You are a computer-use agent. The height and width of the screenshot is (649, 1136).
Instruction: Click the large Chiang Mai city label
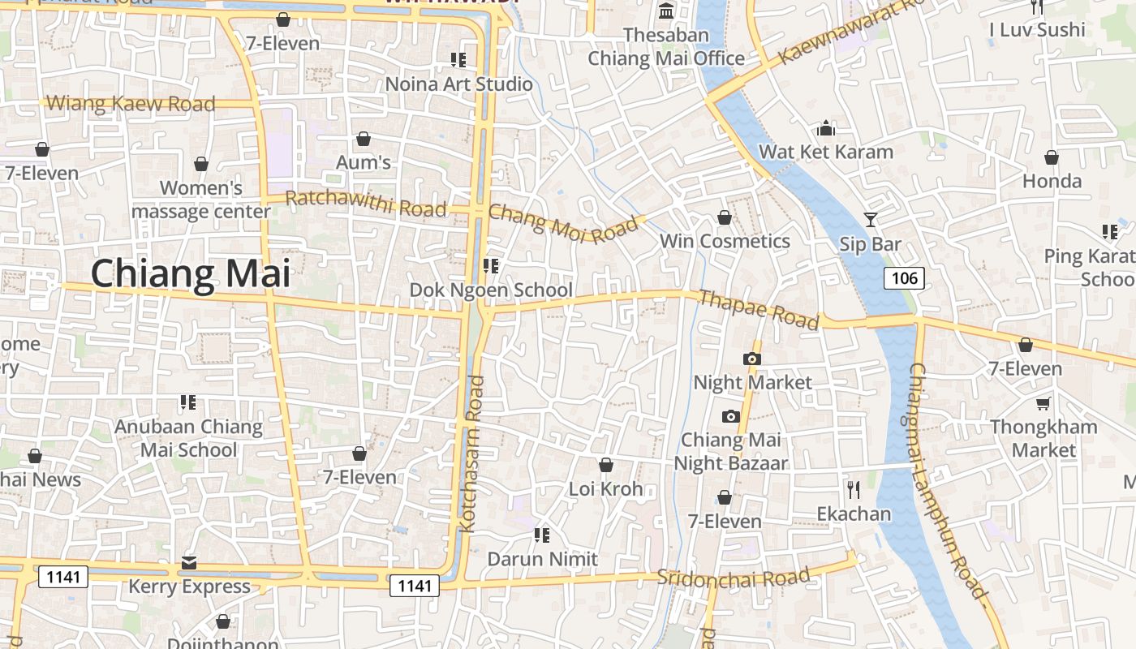coord(190,273)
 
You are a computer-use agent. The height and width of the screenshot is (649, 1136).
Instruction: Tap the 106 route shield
coord(904,278)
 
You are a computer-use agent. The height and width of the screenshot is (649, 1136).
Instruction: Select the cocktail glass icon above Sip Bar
coord(870,219)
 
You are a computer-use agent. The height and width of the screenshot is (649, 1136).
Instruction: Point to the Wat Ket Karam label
coord(825,152)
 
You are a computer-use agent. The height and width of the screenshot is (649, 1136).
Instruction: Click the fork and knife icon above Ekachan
coord(853,489)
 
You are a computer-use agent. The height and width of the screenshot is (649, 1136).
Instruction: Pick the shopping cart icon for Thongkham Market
coord(1043,403)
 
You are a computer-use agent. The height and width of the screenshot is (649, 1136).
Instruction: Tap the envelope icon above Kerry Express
coord(189,562)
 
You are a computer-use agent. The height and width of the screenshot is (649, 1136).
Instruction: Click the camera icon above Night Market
coord(751,359)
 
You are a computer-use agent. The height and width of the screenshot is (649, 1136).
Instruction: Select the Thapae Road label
coord(759,310)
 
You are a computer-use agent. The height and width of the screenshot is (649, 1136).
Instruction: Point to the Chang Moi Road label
coord(563,224)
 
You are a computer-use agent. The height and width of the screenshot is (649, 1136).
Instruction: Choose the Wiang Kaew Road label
coord(131,104)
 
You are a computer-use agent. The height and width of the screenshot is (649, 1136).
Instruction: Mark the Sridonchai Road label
coord(733,578)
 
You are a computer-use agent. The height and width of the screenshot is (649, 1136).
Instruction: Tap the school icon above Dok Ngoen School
coord(490,265)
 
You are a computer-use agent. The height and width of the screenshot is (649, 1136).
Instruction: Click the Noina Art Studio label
coord(458,84)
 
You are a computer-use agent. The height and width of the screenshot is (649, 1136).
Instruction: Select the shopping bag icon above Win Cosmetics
coord(725,217)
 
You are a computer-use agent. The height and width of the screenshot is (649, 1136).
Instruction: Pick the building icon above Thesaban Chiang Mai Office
coord(666,11)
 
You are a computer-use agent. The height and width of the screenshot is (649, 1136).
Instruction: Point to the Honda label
coord(1052,181)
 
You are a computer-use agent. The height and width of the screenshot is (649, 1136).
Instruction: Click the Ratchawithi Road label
coord(366,203)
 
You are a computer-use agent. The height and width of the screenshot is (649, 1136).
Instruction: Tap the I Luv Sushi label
coord(1037,30)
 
